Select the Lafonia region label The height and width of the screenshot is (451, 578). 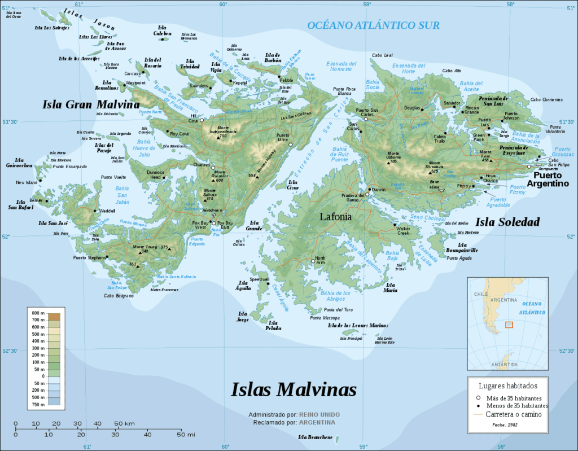point(336,216)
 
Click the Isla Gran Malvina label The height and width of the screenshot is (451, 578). point(91,104)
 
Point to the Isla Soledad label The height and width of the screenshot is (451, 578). point(506,222)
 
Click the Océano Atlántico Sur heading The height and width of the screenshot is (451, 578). point(373,25)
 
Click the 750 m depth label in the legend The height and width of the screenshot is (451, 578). point(38,404)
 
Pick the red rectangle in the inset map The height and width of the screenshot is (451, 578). point(509,325)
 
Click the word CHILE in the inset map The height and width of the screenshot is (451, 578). point(480,295)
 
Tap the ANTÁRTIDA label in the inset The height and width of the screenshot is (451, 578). point(504,365)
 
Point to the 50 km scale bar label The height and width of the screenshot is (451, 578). point(124,423)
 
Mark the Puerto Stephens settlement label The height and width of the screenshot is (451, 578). point(89,258)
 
